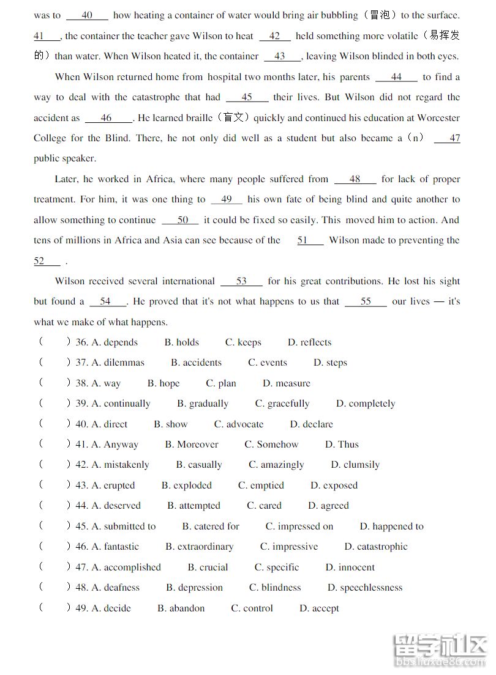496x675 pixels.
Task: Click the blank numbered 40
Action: pos(87,15)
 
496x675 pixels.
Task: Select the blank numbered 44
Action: pos(396,77)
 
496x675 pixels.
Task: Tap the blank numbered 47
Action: pos(448,138)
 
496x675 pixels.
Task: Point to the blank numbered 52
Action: pos(47,261)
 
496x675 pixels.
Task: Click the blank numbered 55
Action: pos(366,301)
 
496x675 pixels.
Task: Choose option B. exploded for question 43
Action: pos(187,485)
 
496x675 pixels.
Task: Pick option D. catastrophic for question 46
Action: pos(375,547)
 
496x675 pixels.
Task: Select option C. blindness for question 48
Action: pos(275,588)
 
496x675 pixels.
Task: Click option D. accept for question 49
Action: pos(318,608)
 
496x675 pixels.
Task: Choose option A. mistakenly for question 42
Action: pos(120,465)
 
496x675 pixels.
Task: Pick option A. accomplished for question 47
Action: pos(126,567)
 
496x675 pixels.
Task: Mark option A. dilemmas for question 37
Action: pos(118,363)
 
